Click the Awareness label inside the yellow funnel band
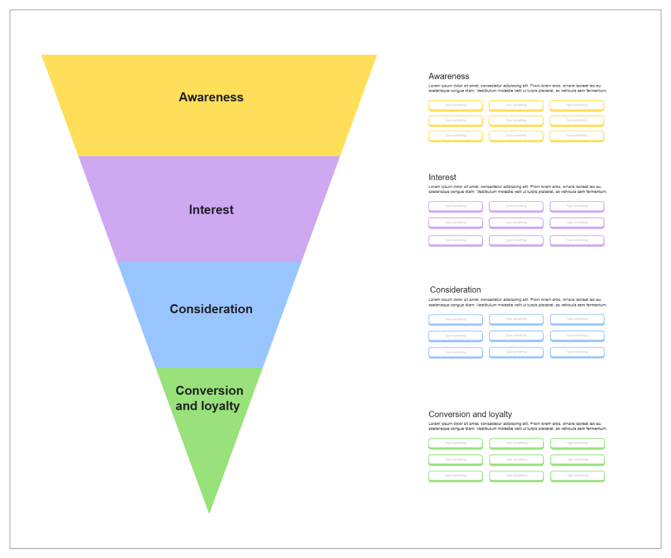(211, 97)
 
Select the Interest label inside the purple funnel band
(211, 210)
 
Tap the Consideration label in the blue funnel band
(211, 309)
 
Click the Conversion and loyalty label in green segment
(209, 398)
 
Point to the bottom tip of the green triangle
(209, 512)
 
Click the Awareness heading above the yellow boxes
(448, 77)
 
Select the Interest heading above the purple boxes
(442, 177)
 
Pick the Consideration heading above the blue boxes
(455, 290)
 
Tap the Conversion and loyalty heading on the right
(470, 414)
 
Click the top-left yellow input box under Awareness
(455, 105)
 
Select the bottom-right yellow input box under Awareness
(577, 136)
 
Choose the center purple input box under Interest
(516, 223)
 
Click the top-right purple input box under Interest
(577, 206)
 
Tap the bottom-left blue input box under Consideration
(455, 352)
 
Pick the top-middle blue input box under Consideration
(516, 319)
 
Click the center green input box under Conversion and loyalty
(516, 460)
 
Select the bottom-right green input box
(577, 476)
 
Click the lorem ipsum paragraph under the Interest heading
(517, 189)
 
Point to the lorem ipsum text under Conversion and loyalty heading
(517, 426)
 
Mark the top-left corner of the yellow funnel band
(42, 55)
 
